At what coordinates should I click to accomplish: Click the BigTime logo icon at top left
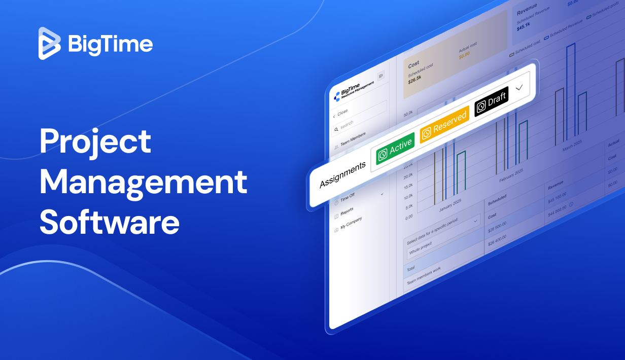point(50,44)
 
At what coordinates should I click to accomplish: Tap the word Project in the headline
point(95,142)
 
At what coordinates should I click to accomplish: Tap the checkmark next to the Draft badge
point(519,87)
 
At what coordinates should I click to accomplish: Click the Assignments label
point(342,175)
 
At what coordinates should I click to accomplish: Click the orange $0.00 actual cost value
point(464,56)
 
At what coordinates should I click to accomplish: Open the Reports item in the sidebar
point(346,211)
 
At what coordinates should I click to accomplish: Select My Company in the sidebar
point(351,224)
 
